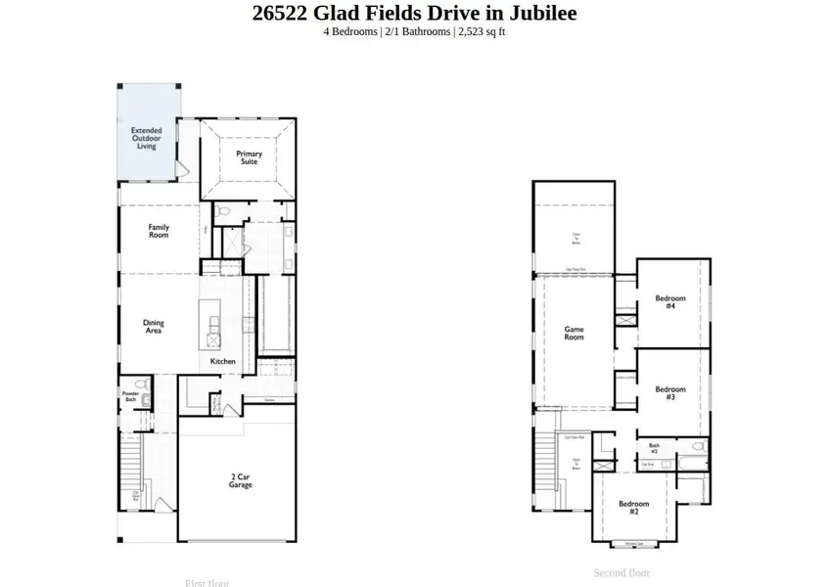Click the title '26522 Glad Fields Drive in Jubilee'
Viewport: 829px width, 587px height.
pos(414,13)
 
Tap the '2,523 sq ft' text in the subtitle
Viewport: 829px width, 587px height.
pos(481,31)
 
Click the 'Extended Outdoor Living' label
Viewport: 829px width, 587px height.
pos(147,138)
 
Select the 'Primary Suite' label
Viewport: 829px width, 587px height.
pos(249,158)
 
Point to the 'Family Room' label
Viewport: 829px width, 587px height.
pos(159,232)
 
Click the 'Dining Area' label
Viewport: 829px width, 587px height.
pos(153,327)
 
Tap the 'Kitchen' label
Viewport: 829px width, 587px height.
pos(223,361)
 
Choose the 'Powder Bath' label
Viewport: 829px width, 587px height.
pos(130,396)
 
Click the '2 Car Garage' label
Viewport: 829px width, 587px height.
pos(241,480)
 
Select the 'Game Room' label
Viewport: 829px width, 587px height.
pos(574,333)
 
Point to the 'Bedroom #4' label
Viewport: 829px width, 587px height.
pos(670,302)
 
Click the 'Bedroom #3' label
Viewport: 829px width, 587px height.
pos(670,393)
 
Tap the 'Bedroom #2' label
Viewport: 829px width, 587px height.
pos(634,508)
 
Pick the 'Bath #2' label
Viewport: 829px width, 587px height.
pos(655,448)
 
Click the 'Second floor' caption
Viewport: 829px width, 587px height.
pos(622,572)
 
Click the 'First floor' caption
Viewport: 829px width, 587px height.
pos(207,583)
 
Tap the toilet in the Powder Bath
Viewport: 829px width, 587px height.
pos(140,384)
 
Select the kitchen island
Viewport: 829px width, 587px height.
pos(209,323)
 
